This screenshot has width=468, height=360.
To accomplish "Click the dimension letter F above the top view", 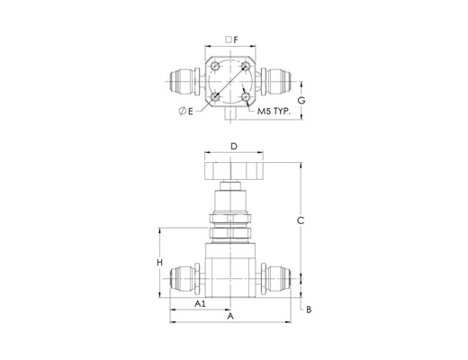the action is point(236,40).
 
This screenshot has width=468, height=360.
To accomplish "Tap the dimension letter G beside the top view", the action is point(301,101).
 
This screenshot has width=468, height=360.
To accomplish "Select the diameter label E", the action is point(186,112).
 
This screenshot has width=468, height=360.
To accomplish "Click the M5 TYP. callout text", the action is point(274,112).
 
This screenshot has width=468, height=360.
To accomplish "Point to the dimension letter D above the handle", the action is point(234,147).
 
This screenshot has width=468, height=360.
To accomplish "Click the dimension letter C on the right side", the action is point(301,220).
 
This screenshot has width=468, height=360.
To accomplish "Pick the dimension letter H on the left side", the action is point(160,263).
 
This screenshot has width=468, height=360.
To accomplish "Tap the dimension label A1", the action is point(200,304).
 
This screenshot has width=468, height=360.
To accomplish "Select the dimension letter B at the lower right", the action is point(309,310).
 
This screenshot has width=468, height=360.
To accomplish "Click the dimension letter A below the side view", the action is point(230,316).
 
